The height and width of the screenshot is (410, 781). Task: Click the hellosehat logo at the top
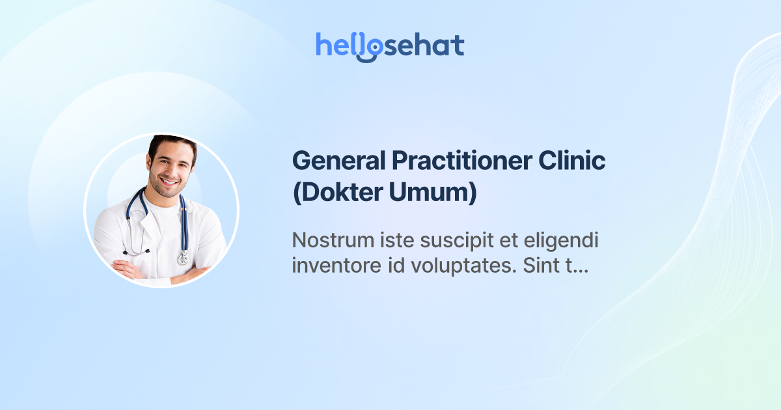[390, 46]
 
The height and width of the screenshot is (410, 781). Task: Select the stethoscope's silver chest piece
[182, 258]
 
